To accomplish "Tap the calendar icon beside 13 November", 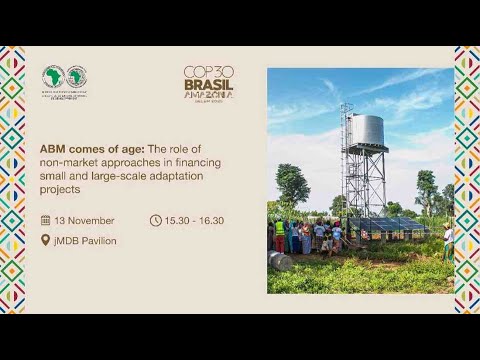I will (x=45, y=220).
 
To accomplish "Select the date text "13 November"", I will (x=85, y=220).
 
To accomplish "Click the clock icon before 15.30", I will (x=155, y=220).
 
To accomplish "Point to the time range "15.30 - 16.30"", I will (x=195, y=220).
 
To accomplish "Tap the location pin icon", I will (x=45, y=240).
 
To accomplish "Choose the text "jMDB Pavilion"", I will (x=86, y=240).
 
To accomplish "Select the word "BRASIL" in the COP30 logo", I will (x=208, y=86).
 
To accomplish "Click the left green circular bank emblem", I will (x=53, y=76).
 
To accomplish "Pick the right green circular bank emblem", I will (x=76, y=76).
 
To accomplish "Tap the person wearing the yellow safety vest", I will (x=279, y=232).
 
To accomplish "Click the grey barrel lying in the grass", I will (x=281, y=260).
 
